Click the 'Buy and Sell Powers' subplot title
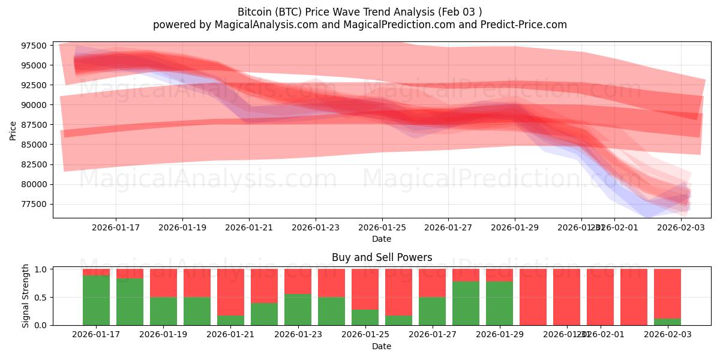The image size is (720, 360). click(x=382, y=258)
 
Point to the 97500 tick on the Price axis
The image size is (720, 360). click(x=34, y=46)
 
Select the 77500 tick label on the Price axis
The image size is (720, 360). click(x=34, y=204)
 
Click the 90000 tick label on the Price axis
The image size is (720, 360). click(x=34, y=105)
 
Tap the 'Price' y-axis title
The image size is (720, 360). click(x=13, y=130)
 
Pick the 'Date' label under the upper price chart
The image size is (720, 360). click(x=382, y=239)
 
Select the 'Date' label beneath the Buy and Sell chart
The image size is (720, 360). click(x=382, y=346)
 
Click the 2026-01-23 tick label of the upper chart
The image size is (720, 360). click(x=316, y=227)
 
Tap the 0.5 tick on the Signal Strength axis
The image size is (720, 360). click(x=41, y=297)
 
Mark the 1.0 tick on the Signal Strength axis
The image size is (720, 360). click(x=41, y=269)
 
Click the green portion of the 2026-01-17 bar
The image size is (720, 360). click(x=96, y=300)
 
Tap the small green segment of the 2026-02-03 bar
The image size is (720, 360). click(x=667, y=322)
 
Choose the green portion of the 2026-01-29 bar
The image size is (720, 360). click(x=499, y=304)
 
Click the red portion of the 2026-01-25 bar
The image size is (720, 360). click(x=365, y=288)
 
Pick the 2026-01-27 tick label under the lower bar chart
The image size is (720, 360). click(x=432, y=334)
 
